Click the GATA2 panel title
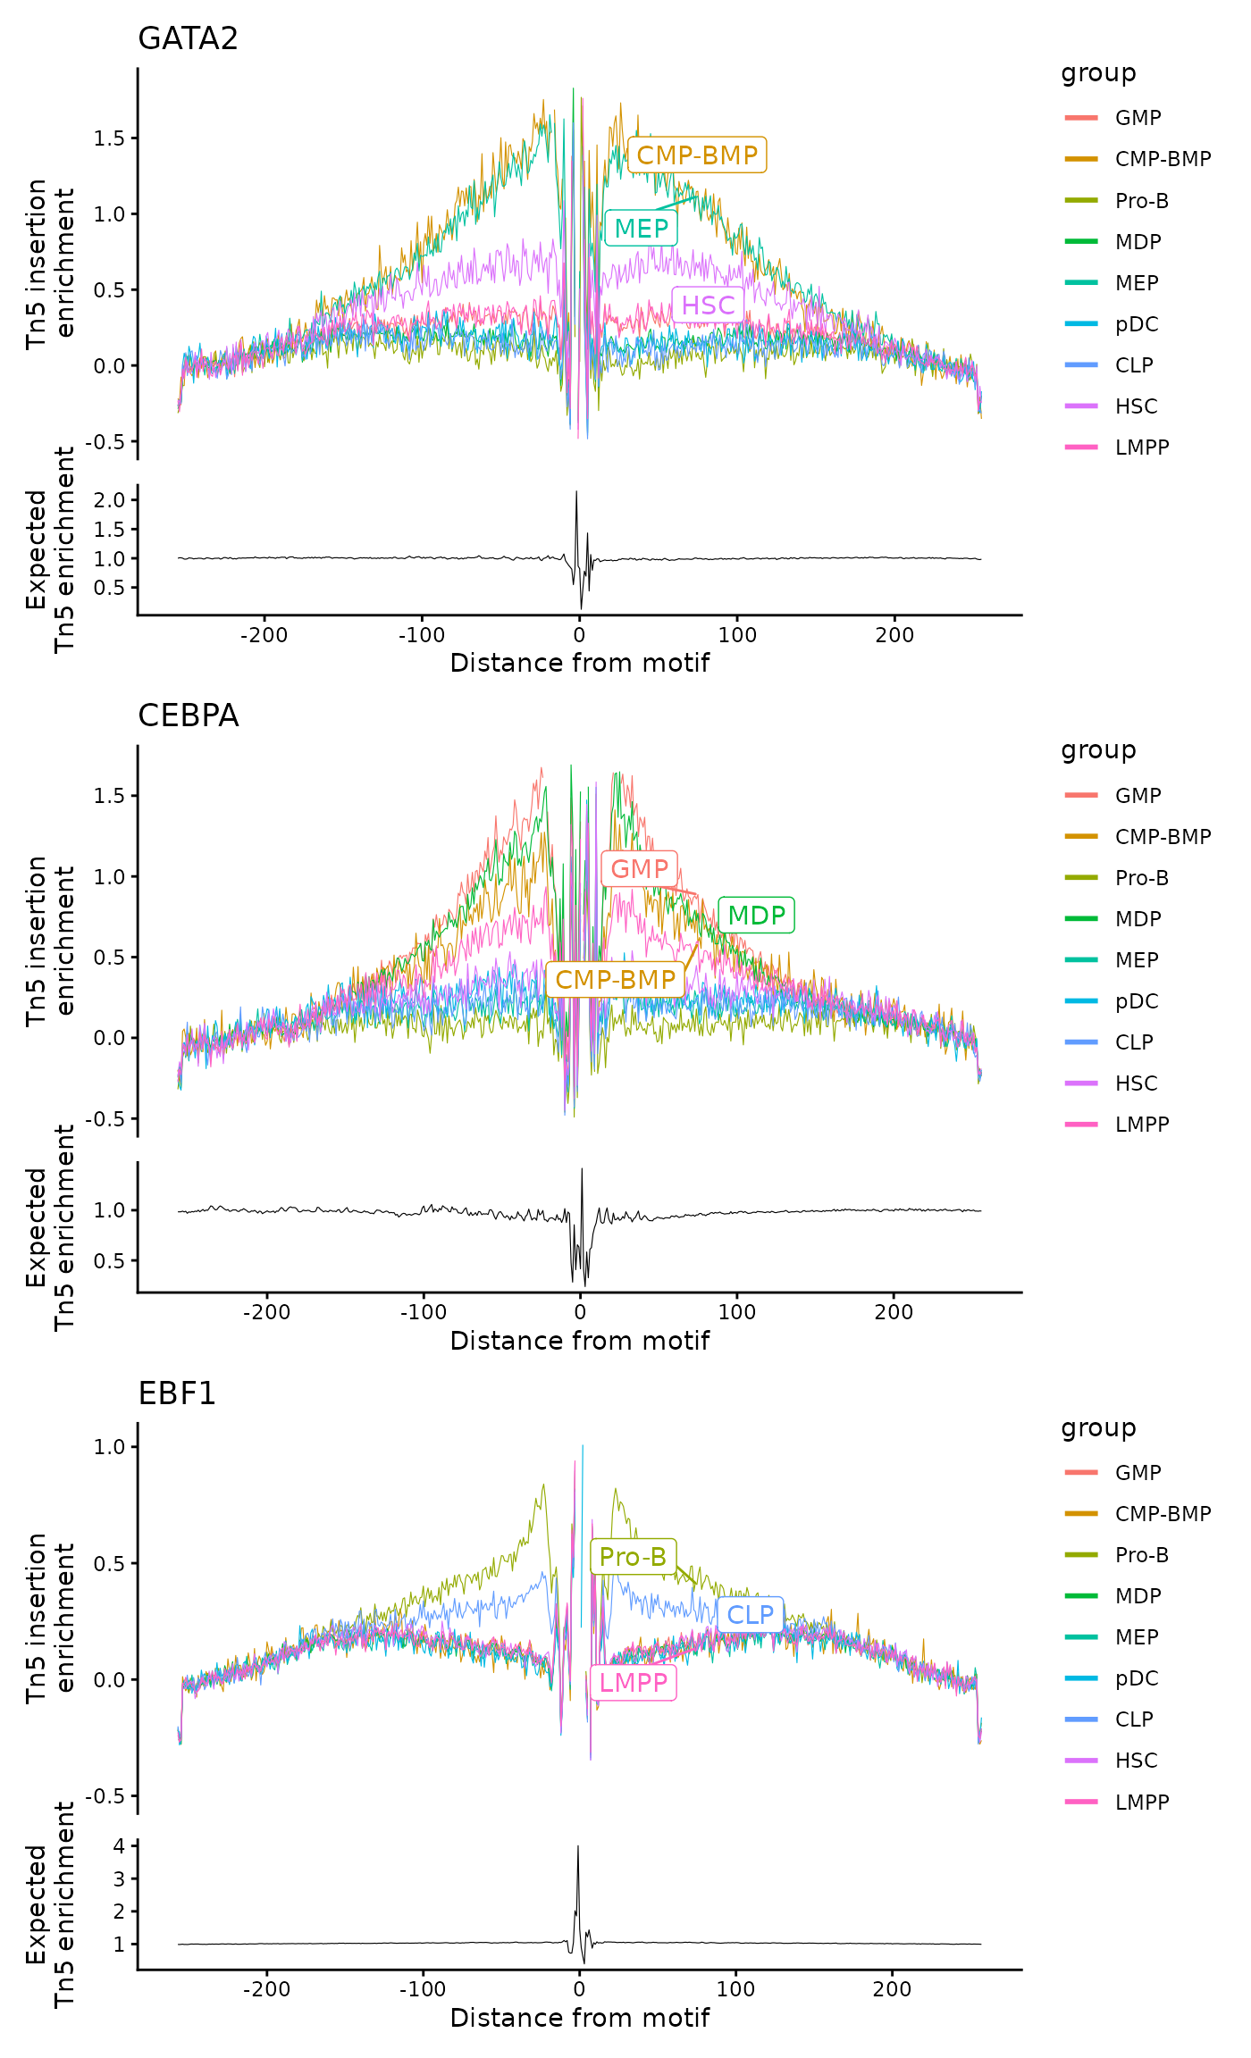(188, 39)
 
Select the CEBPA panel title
(188, 716)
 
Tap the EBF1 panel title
(177, 1393)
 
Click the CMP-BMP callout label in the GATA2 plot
(697, 155)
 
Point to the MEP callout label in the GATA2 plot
(642, 229)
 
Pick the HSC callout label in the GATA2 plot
(708, 305)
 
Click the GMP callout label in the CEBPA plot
(640, 869)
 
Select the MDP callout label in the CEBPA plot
(756, 916)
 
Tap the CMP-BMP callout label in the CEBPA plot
(616, 980)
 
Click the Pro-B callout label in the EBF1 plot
(633, 1557)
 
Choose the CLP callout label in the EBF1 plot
(750, 1615)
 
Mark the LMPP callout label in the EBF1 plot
(633, 1683)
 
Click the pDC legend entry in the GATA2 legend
(1136, 324)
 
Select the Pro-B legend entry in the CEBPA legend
(1141, 878)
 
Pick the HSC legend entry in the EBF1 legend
(1136, 1761)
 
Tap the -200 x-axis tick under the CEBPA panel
(265, 1312)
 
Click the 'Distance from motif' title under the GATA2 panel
(579, 664)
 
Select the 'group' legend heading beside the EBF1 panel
(1098, 1428)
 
